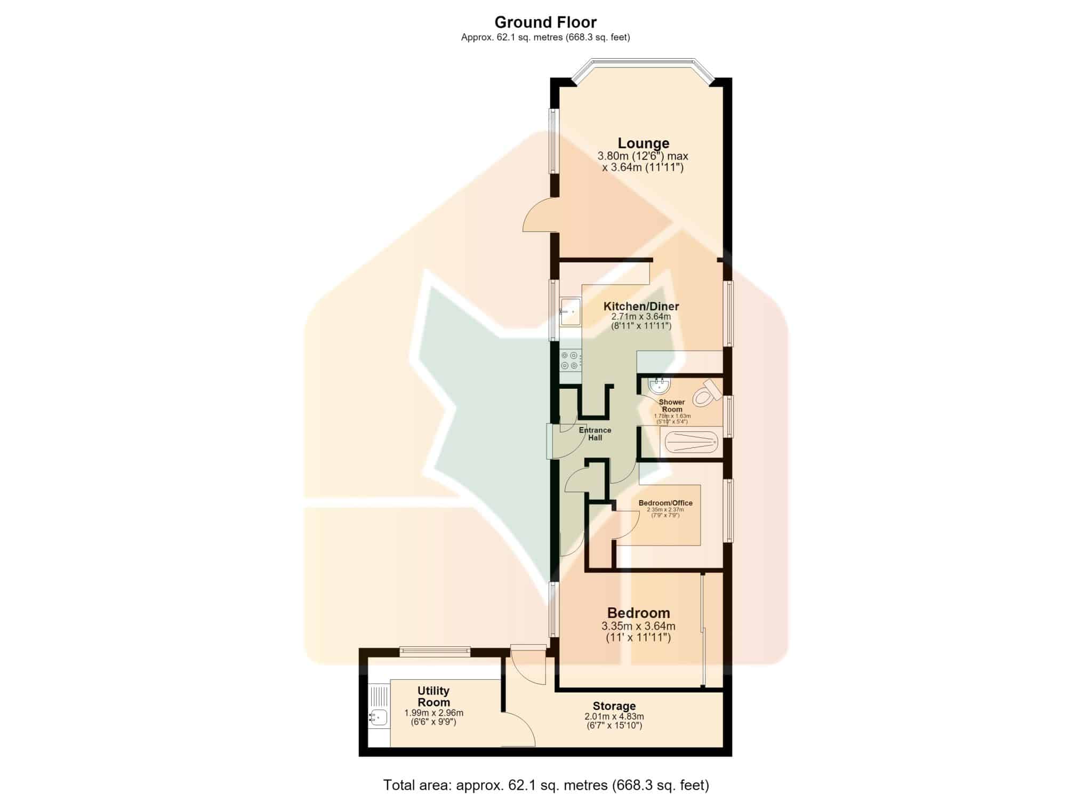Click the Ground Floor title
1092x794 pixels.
[x=545, y=22]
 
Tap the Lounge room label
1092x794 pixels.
[x=644, y=143]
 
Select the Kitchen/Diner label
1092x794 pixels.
[x=641, y=306]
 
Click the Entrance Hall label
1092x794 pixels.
[x=595, y=434]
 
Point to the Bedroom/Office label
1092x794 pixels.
[x=665, y=503]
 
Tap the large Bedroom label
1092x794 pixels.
[x=638, y=613]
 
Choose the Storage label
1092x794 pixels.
[x=614, y=706]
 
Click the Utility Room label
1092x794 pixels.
[x=433, y=696]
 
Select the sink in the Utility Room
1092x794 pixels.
[x=379, y=717]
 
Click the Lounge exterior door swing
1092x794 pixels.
[x=540, y=215]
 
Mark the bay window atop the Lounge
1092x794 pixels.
[x=642, y=70]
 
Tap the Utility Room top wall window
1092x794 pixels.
[x=435, y=651]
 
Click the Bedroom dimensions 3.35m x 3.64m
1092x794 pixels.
[x=638, y=626]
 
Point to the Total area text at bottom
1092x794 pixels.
[x=546, y=785]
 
